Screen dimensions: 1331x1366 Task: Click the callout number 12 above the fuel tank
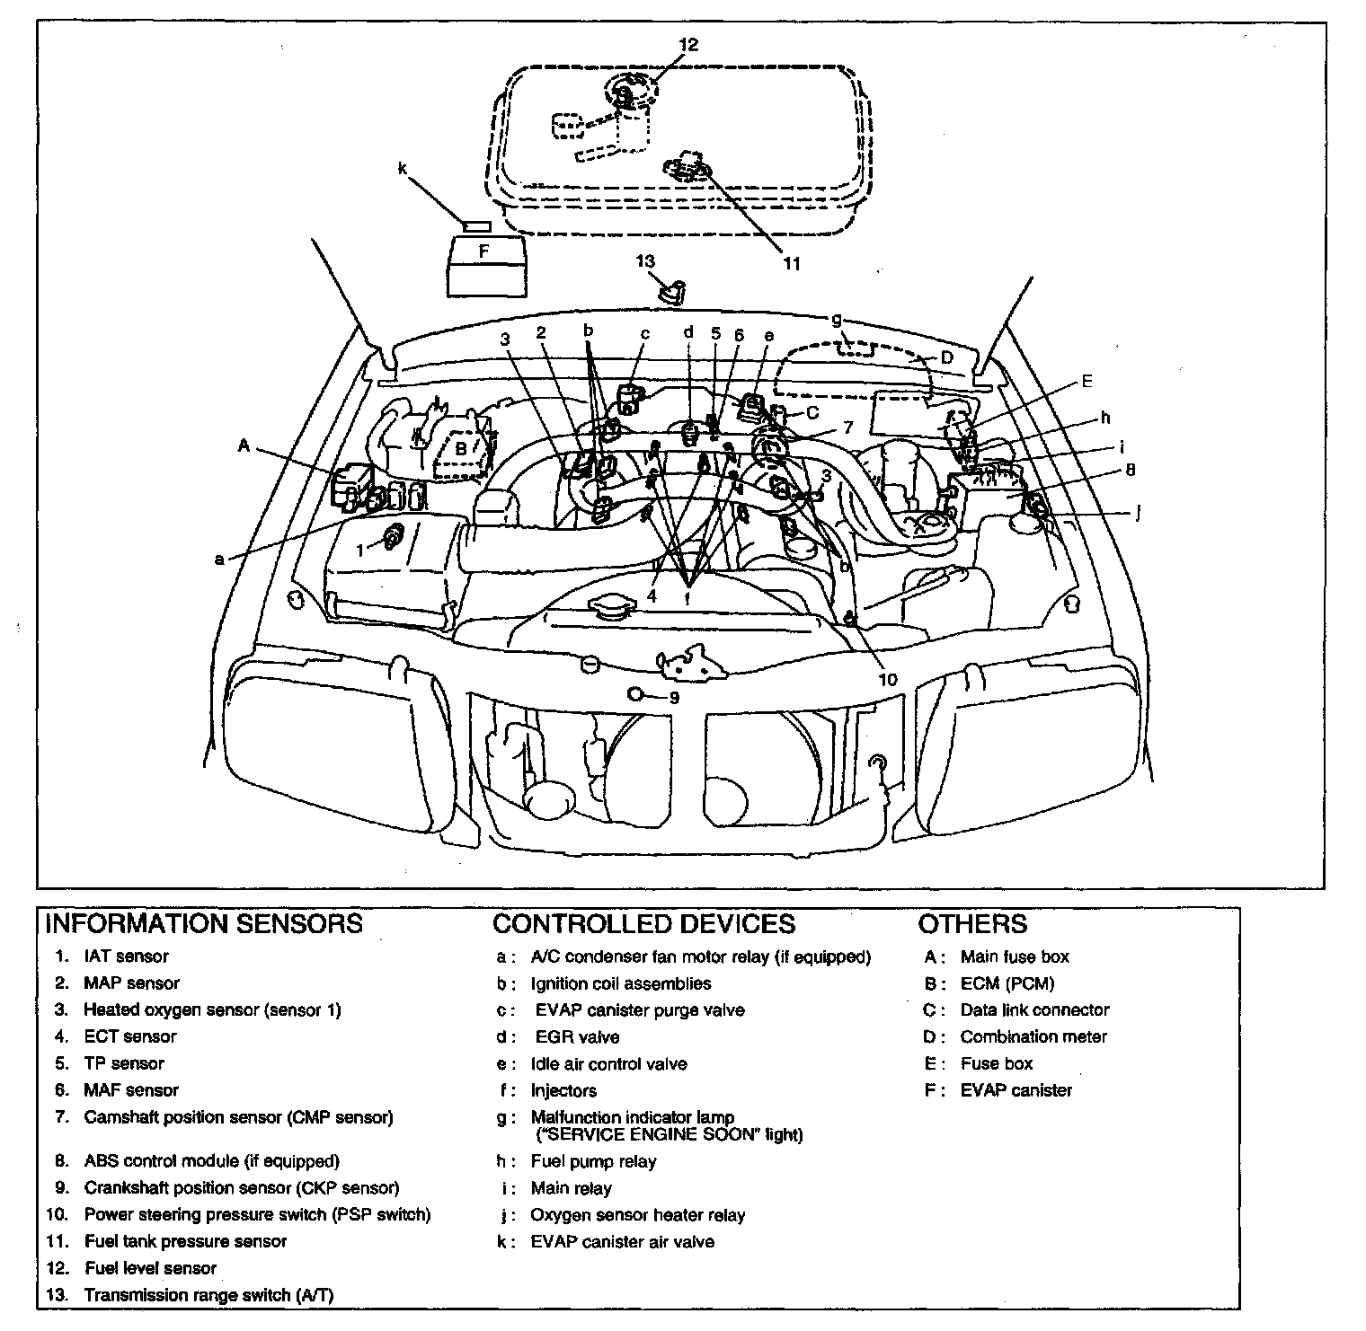coord(688,44)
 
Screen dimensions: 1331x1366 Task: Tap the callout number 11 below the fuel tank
coord(791,263)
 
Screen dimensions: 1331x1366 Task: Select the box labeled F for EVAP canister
coord(483,251)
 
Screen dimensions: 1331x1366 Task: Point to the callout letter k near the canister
coord(402,167)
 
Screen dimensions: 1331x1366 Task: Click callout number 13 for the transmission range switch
coord(645,261)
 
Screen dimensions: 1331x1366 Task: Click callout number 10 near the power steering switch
coord(887,680)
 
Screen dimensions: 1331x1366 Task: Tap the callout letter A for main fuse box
coord(244,445)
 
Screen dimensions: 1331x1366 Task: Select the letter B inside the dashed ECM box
coord(460,447)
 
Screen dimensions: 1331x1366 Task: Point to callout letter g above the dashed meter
coord(836,319)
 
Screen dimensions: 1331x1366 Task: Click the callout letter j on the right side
coord(1138,514)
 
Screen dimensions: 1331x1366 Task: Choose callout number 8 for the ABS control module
coord(1130,470)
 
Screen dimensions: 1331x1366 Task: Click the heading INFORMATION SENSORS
coord(203,923)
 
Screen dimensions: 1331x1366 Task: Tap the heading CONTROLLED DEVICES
coord(643,923)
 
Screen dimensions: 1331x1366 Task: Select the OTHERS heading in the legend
coord(972,923)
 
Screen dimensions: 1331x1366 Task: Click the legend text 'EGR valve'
coord(577,1037)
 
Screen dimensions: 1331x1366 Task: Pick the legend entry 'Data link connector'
coord(1034,1010)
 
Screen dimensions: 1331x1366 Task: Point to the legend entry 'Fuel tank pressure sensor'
coord(185,1241)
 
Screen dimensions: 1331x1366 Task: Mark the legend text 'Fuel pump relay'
coord(593,1161)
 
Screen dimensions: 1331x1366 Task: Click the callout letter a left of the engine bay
coord(218,560)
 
